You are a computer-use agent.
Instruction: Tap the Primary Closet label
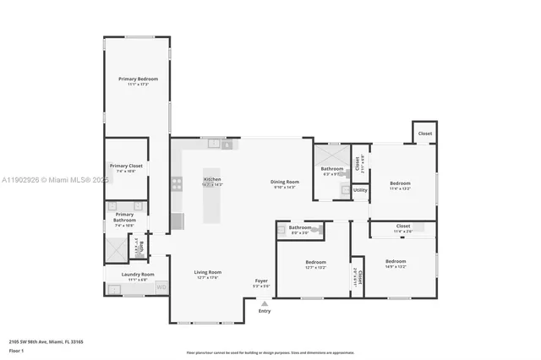coord(124,166)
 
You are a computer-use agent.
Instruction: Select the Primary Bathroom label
coord(124,217)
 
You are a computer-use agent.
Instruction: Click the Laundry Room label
coord(137,274)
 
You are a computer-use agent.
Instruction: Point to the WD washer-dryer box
coord(161,287)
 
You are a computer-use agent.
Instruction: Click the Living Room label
coord(207,272)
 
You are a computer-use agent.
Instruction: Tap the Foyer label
coord(263,281)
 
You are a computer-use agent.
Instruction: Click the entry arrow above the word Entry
coord(265,303)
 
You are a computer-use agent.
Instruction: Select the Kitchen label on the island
coord(212,180)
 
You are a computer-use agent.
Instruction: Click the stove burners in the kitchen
coord(177,181)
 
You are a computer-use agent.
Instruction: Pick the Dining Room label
coord(285,182)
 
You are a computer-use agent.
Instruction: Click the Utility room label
coord(360,190)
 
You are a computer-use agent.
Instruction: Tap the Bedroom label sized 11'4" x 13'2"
coord(400,183)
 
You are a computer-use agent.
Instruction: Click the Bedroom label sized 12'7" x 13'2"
coord(315,262)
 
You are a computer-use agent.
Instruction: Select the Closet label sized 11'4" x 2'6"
coord(403,226)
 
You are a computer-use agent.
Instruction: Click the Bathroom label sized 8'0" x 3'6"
coord(300,226)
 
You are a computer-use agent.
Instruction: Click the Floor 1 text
coord(17,350)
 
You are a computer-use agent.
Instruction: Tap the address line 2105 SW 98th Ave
coord(46,342)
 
